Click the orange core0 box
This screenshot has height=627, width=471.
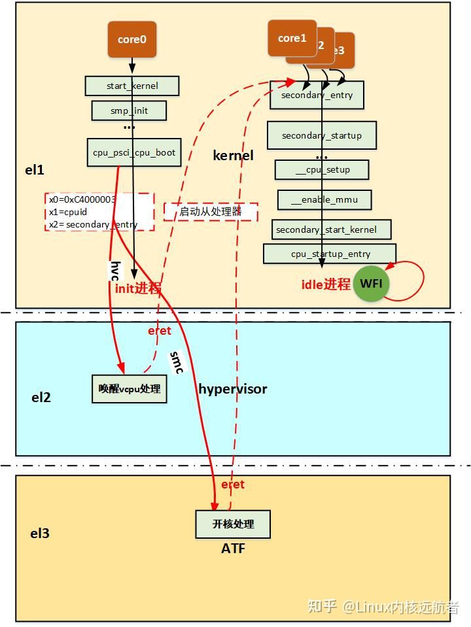132,39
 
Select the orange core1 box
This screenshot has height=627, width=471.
292,38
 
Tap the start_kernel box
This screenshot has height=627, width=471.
131,86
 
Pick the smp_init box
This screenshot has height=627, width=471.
129,110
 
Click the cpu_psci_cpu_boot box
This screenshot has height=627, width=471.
134,152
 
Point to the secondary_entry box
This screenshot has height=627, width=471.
317,95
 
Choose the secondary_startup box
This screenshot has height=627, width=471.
321,135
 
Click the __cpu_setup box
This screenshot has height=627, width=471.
322,170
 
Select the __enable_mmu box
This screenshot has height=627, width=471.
324,199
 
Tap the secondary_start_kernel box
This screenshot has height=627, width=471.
332,229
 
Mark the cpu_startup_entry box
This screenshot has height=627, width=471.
330,254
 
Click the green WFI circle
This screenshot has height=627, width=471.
371,284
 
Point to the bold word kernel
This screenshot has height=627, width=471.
233,156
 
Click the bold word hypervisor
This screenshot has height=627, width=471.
233,389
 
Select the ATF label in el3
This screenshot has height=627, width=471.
233,549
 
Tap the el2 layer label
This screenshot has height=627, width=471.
41,397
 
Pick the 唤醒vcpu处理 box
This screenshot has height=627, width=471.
129,388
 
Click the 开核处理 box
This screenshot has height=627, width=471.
233,524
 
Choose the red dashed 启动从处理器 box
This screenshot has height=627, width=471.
211,212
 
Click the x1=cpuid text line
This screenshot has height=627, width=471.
68,212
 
